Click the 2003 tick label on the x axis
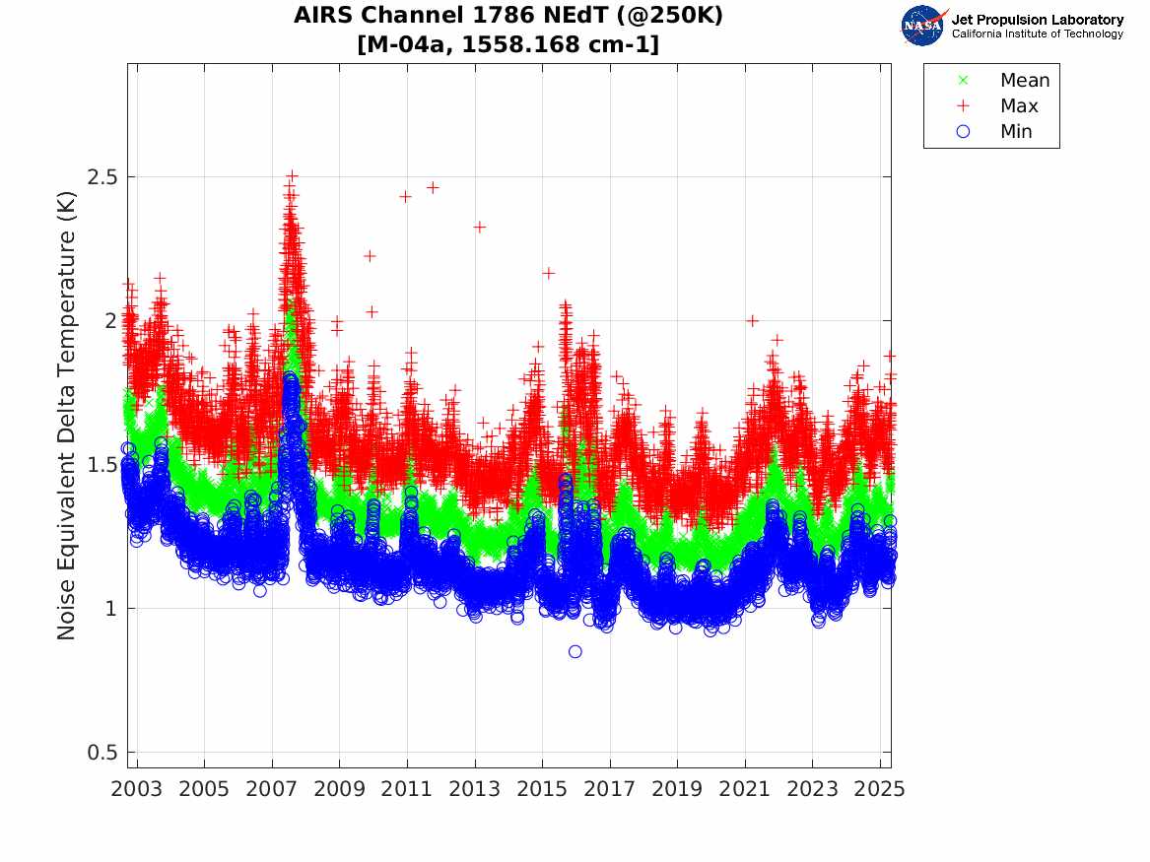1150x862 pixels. (x=137, y=789)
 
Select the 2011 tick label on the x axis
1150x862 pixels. (x=407, y=789)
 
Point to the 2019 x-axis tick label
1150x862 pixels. (x=677, y=789)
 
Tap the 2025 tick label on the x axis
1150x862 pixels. (x=880, y=789)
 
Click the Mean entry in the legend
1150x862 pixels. (x=1025, y=81)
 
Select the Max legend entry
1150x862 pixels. (x=1019, y=106)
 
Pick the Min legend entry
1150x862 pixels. (x=1016, y=132)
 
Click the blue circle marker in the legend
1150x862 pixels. (x=963, y=132)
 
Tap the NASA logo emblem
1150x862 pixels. (x=924, y=25)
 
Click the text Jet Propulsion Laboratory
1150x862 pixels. (x=1037, y=20)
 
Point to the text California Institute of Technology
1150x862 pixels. (x=1037, y=34)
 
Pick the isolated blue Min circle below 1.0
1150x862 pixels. (x=575, y=651)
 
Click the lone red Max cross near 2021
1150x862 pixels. (x=752, y=320)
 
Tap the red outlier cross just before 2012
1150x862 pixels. (x=432, y=187)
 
